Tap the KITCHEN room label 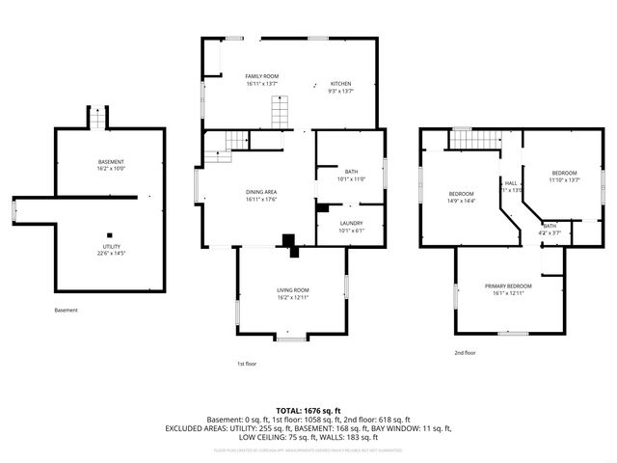[341, 83]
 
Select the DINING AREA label [261, 192]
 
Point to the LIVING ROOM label [293, 290]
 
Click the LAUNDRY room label [350, 223]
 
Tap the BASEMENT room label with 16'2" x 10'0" [111, 161]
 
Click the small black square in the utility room [110, 233]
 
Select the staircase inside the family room [279, 116]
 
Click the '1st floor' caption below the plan [247, 364]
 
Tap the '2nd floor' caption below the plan [465, 353]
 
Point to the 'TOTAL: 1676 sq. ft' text [308, 411]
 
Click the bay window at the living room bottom [289, 338]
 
